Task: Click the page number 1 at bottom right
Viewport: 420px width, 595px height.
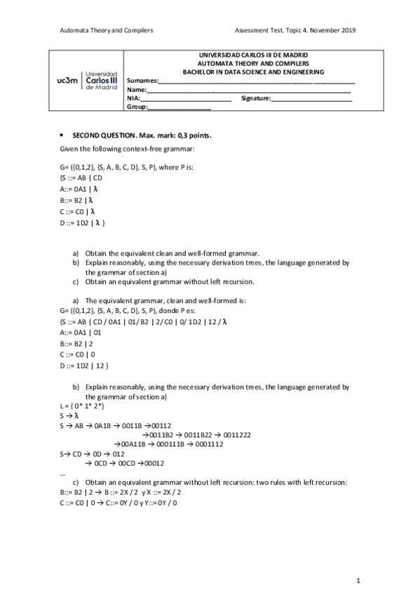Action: [358, 580]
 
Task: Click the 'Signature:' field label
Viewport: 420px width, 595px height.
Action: [255, 99]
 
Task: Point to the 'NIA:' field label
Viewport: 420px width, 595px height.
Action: [134, 99]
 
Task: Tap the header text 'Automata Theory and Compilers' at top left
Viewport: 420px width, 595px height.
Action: [107, 31]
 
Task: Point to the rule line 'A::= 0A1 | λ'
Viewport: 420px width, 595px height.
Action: [79, 189]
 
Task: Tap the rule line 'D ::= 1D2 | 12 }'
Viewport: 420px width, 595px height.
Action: [85, 366]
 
